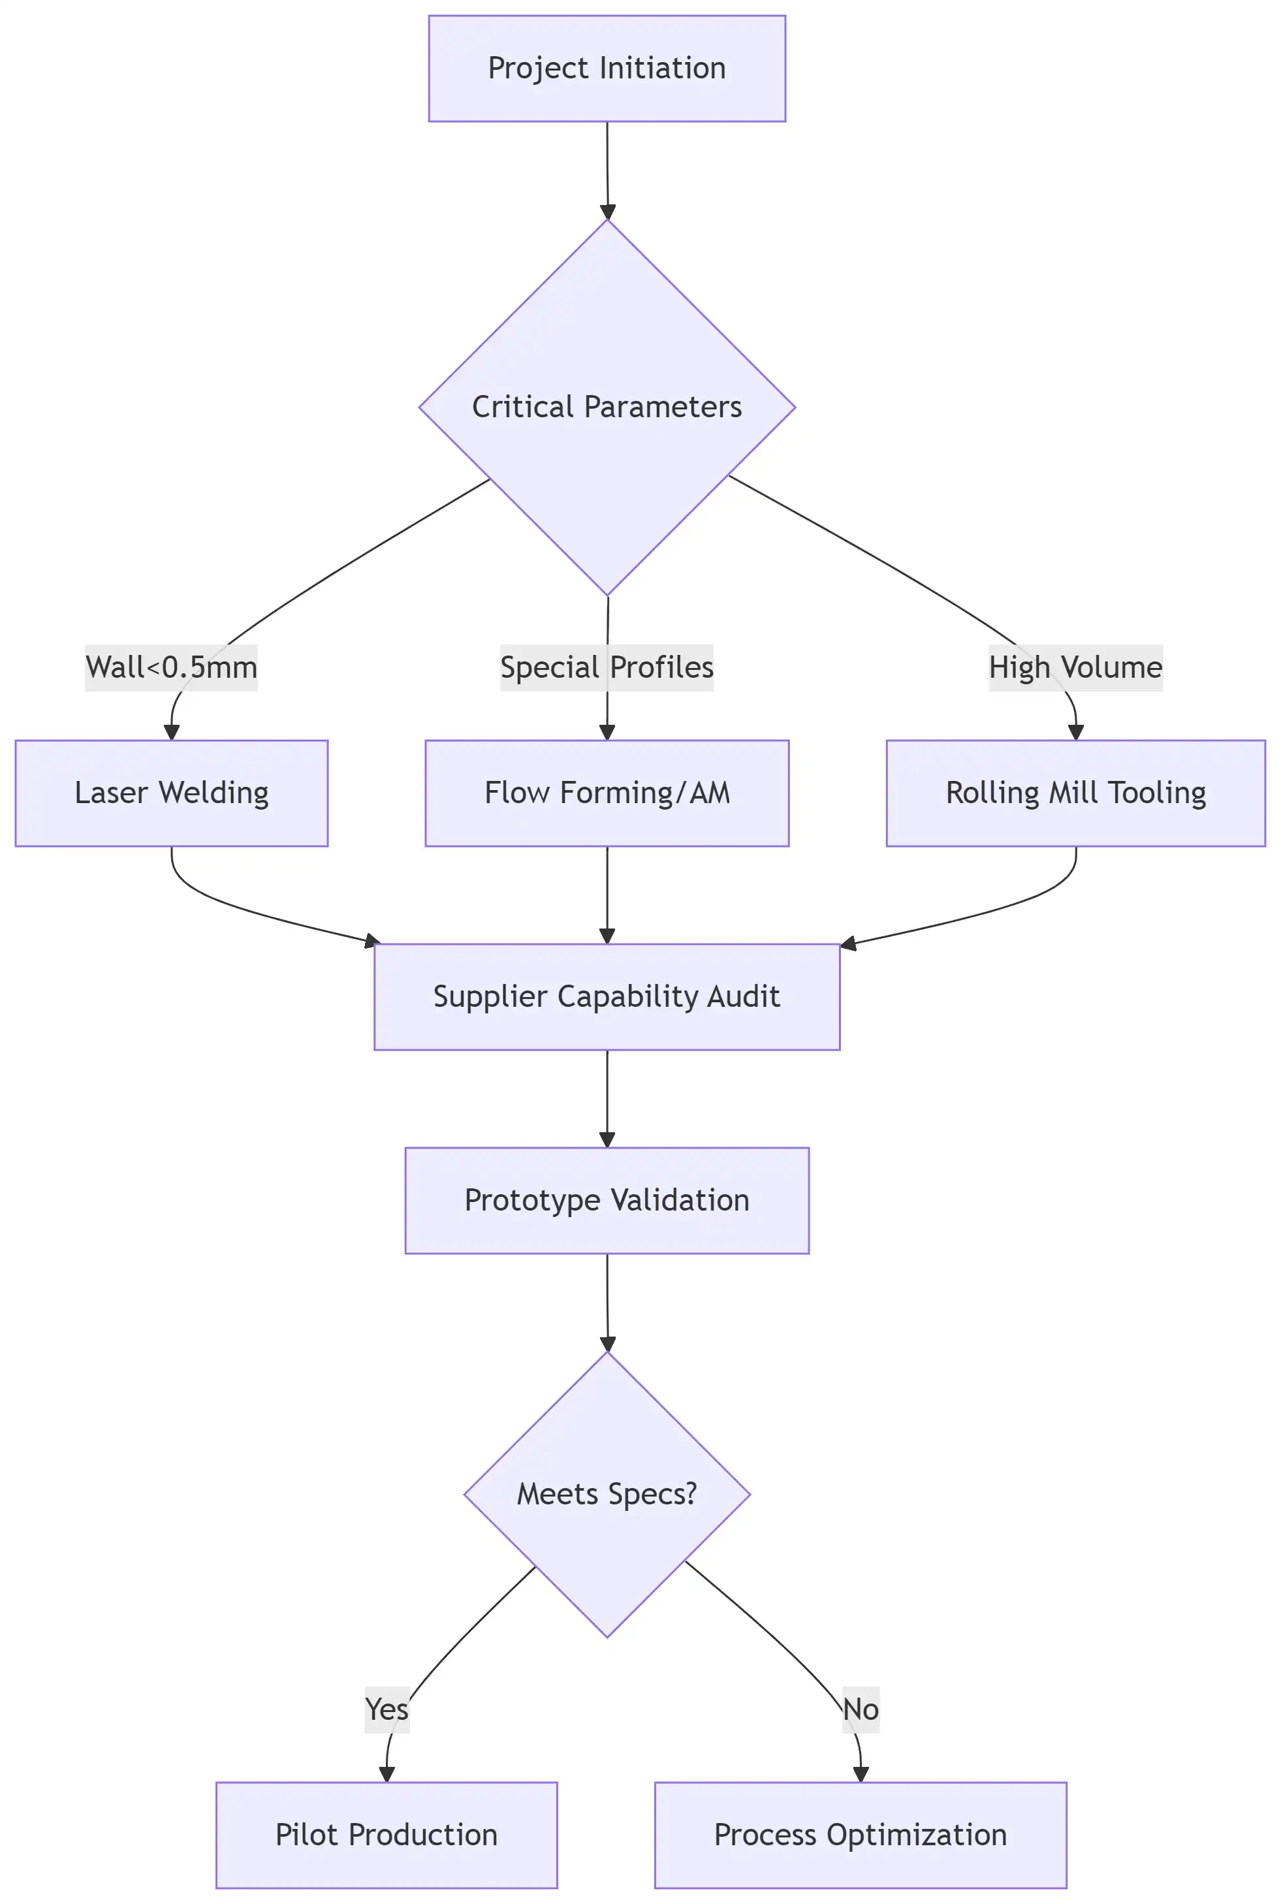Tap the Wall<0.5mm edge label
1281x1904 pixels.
tap(172, 667)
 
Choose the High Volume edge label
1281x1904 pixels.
tap(1075, 667)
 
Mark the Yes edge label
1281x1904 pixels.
tap(387, 1709)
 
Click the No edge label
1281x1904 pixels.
tap(861, 1709)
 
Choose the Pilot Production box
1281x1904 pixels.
tap(387, 1835)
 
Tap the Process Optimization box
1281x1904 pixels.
tap(861, 1835)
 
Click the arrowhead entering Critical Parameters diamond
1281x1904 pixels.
tap(607, 212)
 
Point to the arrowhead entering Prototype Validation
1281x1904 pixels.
tap(607, 1139)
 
